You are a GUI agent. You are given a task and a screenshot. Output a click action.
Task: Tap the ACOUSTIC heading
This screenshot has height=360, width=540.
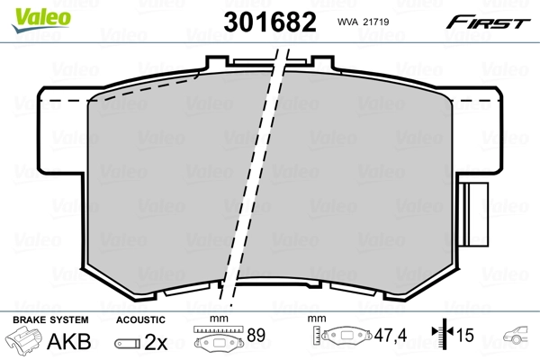coord(140,319)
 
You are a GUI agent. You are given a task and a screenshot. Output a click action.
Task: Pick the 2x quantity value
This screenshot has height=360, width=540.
coord(157,342)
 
